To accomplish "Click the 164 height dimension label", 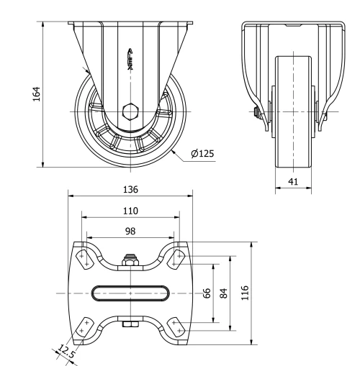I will click(x=38, y=93).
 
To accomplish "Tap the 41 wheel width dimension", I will click(x=292, y=182).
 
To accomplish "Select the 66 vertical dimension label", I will click(x=207, y=294).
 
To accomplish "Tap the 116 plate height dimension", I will click(x=245, y=294).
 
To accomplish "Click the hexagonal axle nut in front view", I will click(x=130, y=112).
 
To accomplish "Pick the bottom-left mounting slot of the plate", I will click(x=84, y=328).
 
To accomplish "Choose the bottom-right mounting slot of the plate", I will click(x=177, y=328).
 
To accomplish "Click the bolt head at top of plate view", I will click(x=130, y=260).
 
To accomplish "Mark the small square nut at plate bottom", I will click(x=130, y=326).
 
